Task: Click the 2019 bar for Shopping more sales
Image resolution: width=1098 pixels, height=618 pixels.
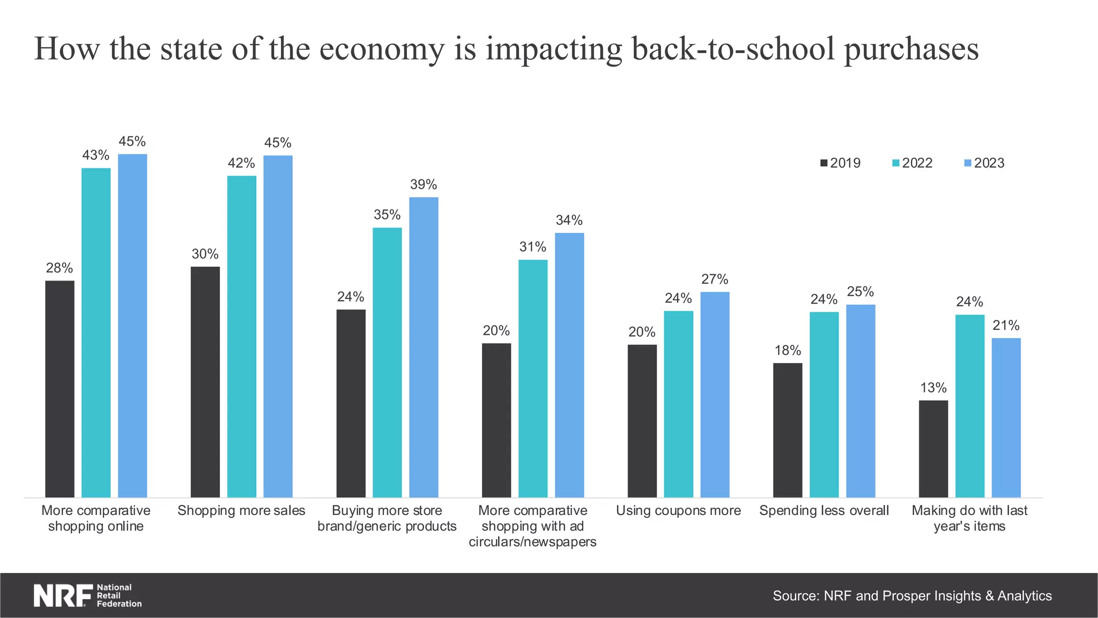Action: pos(205,382)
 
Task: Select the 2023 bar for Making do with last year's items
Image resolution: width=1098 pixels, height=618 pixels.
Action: pos(1006,417)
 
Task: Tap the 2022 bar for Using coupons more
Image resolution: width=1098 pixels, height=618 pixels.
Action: pos(678,404)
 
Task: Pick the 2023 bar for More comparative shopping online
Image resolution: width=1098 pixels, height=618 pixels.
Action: pos(132,326)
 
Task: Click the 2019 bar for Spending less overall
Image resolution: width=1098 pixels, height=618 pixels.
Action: pos(788,430)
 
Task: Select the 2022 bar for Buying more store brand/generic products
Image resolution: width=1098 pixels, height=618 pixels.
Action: pos(387,363)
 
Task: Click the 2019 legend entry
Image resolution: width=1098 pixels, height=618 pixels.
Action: pos(840,163)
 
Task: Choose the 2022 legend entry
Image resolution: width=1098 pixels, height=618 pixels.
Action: pos(912,163)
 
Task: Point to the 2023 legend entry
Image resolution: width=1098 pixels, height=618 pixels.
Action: pos(984,163)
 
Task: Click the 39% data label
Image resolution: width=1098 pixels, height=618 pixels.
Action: pos(424,185)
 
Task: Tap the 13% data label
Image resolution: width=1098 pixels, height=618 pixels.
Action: pos(933,388)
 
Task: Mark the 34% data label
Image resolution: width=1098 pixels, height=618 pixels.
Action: pos(569,220)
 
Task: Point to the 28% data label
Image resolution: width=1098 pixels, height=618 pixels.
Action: pos(60,268)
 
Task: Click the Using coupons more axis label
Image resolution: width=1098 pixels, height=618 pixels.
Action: pos(678,511)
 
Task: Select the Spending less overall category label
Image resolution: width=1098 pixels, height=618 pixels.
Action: pos(824,511)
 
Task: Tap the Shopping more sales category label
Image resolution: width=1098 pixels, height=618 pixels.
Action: pos(241,511)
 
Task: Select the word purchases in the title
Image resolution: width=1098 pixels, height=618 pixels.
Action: pos(911,49)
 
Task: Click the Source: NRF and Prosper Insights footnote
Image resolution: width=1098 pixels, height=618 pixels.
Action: pos(912,596)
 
